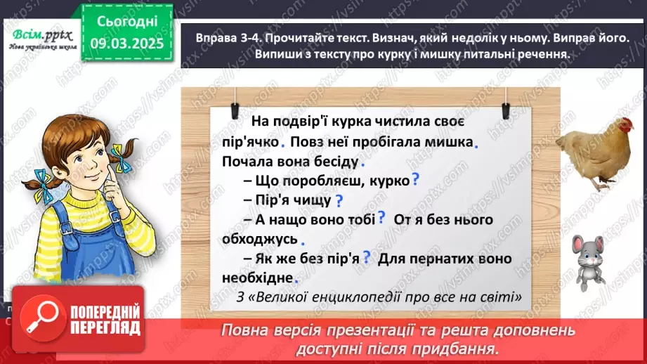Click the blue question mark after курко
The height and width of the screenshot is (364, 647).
click(x=415, y=179)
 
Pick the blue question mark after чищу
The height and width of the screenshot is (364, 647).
click(x=339, y=200)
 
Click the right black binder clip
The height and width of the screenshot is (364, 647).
click(x=504, y=110)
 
